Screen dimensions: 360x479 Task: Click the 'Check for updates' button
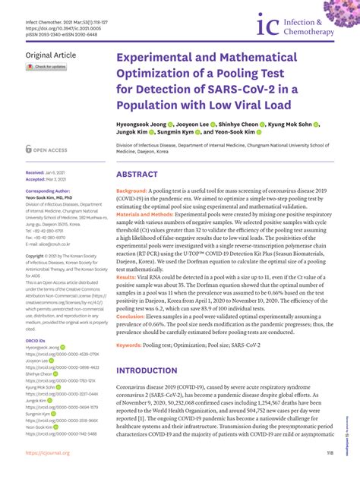tap(46, 67)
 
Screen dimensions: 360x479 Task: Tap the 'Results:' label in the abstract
tap(126, 299)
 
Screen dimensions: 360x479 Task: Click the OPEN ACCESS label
tap(54, 150)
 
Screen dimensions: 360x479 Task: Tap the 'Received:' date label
tap(35, 172)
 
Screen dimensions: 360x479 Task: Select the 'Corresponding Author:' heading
tap(51, 191)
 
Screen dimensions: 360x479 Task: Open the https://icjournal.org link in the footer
tap(47, 453)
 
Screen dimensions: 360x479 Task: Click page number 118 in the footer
tap(330, 453)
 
